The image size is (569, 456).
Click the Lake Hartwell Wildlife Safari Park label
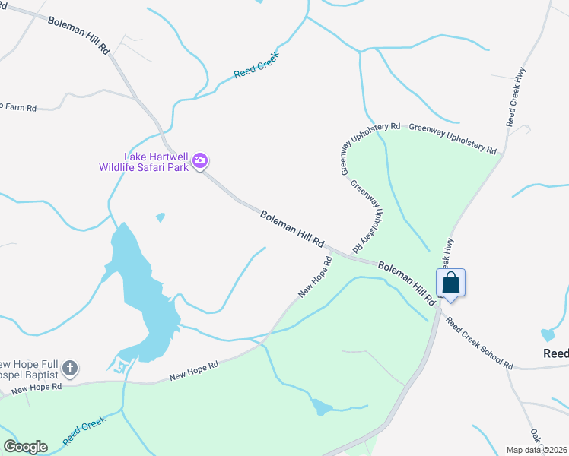tap(143, 161)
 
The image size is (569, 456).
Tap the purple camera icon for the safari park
tap(201, 160)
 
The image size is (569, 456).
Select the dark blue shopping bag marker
tap(450, 283)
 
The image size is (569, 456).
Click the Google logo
tap(25, 447)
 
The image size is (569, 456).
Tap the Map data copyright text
tap(537, 450)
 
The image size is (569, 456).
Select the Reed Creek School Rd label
tap(478, 344)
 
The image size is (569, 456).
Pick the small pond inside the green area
tap(322, 408)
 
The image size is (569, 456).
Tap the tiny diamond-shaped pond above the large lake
tap(160, 218)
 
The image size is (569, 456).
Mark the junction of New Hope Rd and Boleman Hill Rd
tap(329, 249)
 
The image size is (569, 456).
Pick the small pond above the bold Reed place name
tap(547, 335)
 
